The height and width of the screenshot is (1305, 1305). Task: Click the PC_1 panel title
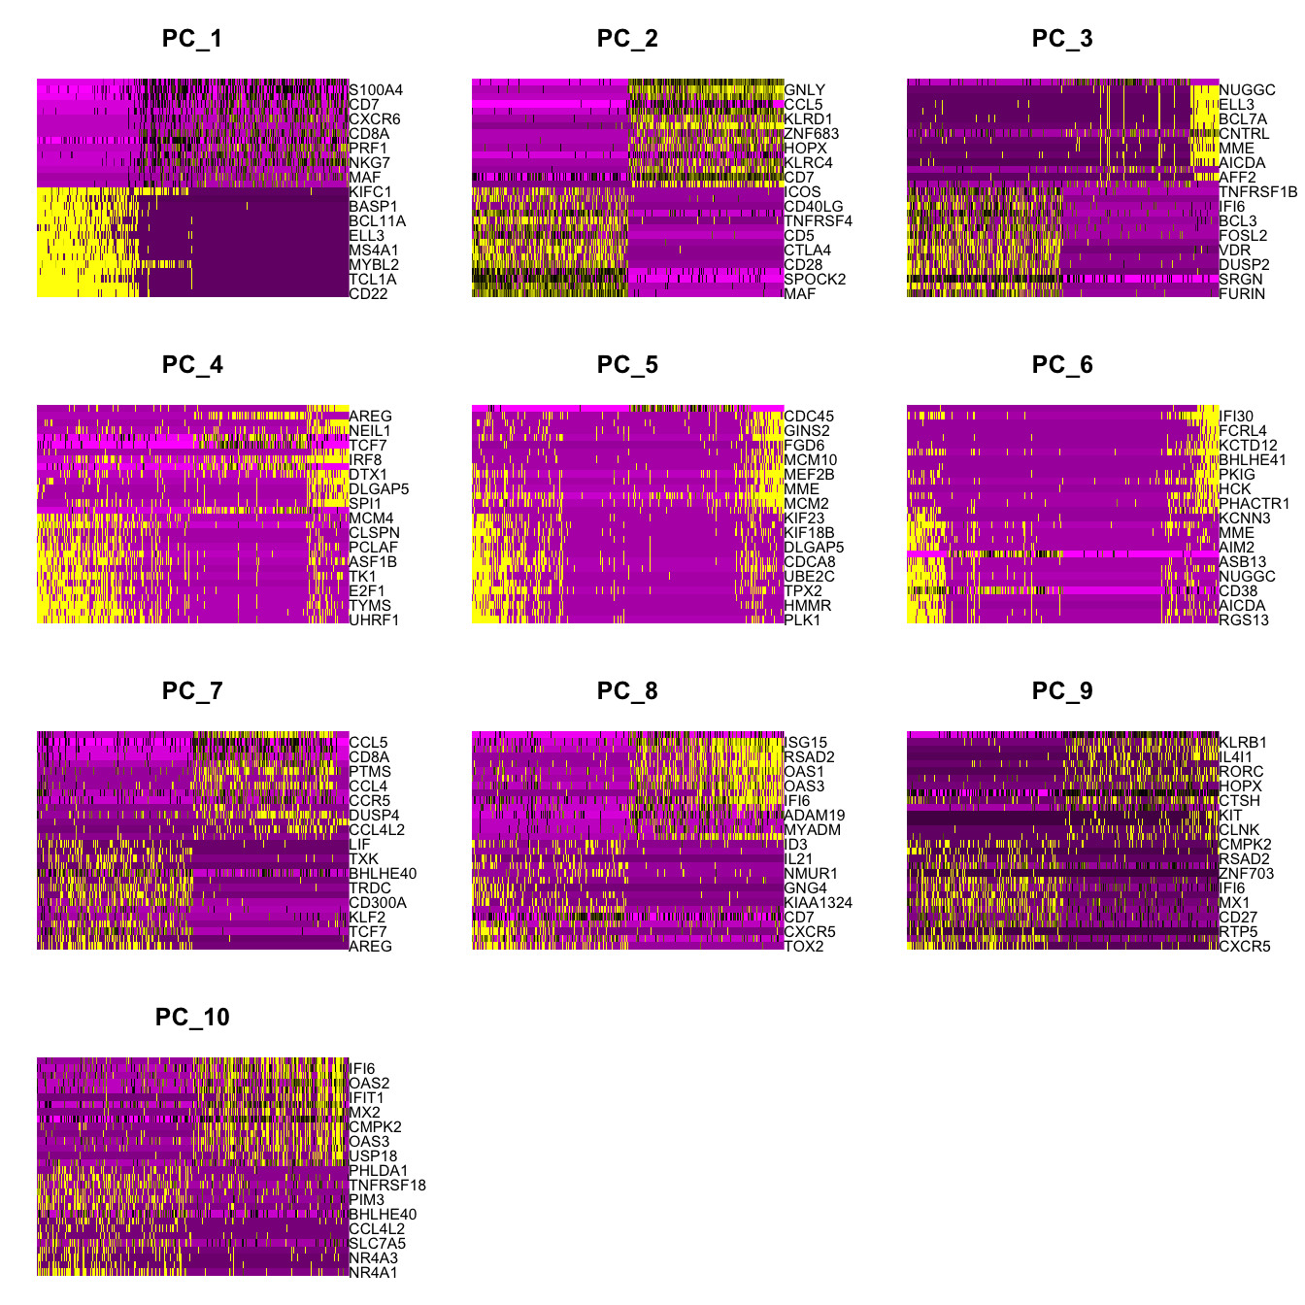(x=192, y=39)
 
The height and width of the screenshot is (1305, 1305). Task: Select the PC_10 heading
(x=192, y=1018)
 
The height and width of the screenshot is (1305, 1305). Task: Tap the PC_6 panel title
(x=1062, y=365)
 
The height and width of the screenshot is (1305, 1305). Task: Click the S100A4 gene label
(x=376, y=90)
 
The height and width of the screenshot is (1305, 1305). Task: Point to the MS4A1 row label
(x=374, y=251)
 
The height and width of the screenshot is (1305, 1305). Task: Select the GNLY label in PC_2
(x=805, y=90)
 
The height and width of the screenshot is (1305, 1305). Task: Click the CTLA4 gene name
(x=808, y=251)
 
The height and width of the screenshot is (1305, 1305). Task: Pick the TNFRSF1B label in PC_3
(x=1257, y=192)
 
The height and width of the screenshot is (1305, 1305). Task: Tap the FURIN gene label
(x=1242, y=294)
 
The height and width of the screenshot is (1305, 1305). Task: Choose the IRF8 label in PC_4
(x=366, y=460)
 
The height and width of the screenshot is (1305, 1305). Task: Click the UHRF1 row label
(x=374, y=620)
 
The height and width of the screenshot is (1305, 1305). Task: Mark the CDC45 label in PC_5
(x=809, y=417)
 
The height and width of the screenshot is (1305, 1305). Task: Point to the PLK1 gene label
(x=803, y=620)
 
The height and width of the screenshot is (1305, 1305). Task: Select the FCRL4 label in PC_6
(x=1243, y=431)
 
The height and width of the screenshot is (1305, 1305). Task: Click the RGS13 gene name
(x=1244, y=620)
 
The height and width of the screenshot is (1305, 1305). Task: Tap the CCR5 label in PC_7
(x=370, y=801)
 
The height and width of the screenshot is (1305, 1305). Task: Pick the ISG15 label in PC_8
(x=805, y=743)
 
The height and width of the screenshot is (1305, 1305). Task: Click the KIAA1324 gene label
(x=819, y=903)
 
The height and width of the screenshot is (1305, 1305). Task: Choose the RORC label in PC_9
(x=1241, y=772)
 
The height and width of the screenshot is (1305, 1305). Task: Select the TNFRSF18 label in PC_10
(x=387, y=1186)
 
